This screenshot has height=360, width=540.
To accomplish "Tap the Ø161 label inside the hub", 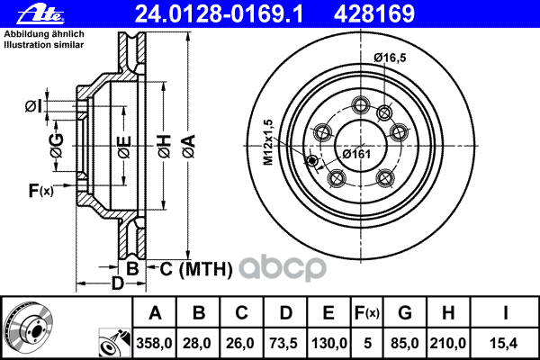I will point(359,154).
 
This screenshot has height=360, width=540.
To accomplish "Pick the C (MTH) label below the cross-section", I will point(197,268).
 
